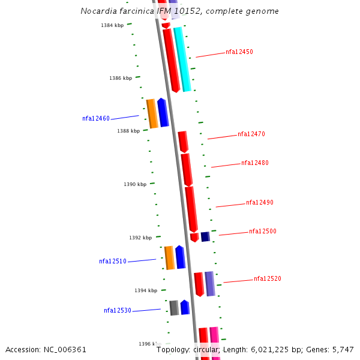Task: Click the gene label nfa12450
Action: [239, 52]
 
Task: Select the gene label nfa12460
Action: [96, 119]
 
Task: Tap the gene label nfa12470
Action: [251, 134]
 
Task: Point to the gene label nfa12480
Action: [255, 163]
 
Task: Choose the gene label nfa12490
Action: [260, 203]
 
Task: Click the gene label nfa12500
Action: [263, 232]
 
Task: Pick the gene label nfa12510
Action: [113, 262]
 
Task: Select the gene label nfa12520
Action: [268, 279]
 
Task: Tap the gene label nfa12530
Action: [118, 311]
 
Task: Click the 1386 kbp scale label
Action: [121, 79]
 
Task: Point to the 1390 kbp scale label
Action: [135, 185]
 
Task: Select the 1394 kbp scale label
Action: [146, 291]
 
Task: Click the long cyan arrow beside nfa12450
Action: [182, 59]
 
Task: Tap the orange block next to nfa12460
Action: [152, 113]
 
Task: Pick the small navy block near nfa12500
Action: [205, 236]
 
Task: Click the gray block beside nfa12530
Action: [174, 308]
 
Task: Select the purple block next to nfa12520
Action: [209, 284]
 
